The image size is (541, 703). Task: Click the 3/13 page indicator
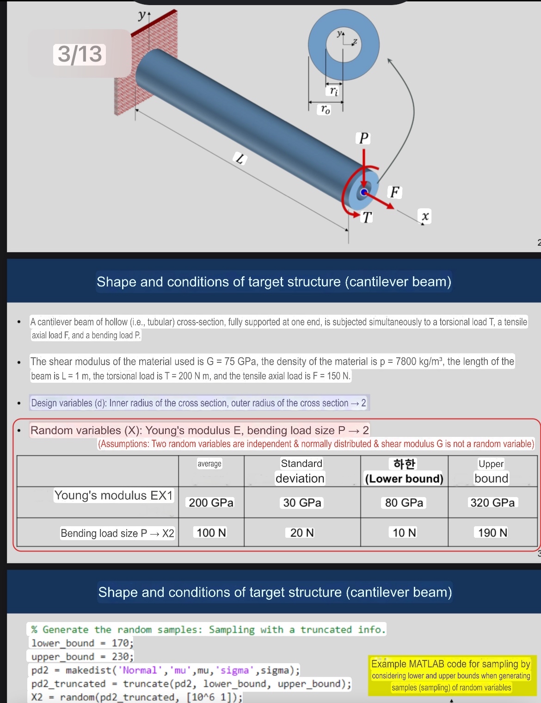(80, 54)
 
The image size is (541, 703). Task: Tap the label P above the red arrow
(364, 138)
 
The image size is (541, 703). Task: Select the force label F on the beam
(394, 192)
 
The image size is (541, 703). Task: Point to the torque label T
(366, 217)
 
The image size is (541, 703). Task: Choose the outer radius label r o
(325, 110)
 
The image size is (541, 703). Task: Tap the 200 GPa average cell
(211, 503)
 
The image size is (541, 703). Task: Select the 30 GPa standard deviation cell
(302, 503)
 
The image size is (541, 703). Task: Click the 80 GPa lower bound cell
(404, 503)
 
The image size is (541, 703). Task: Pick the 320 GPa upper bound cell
(492, 503)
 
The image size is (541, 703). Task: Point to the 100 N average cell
(211, 533)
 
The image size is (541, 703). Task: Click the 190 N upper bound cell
(492, 533)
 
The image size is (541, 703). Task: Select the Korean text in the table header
(404, 463)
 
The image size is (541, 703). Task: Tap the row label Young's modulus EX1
(113, 496)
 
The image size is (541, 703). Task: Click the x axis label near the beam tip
(425, 216)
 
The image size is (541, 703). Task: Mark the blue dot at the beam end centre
(364, 192)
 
